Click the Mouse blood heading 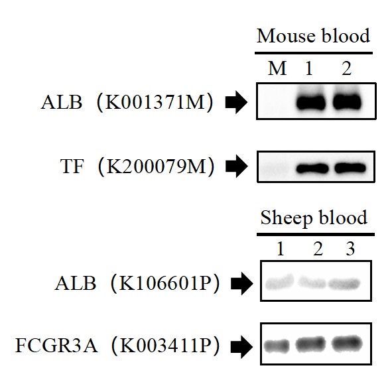313,36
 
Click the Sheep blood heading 314,218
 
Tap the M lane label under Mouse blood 277,68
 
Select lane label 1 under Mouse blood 309,68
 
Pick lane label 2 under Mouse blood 347,68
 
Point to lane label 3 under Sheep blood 350,249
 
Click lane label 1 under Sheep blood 281,249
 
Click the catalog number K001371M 155,102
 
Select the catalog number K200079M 157,166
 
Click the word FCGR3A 56,346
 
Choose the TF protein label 72,166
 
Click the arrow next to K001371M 236,103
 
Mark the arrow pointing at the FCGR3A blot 241,346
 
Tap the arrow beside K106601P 241,283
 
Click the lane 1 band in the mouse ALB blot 311,102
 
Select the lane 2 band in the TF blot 350,168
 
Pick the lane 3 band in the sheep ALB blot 344,284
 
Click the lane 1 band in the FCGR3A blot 277,346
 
